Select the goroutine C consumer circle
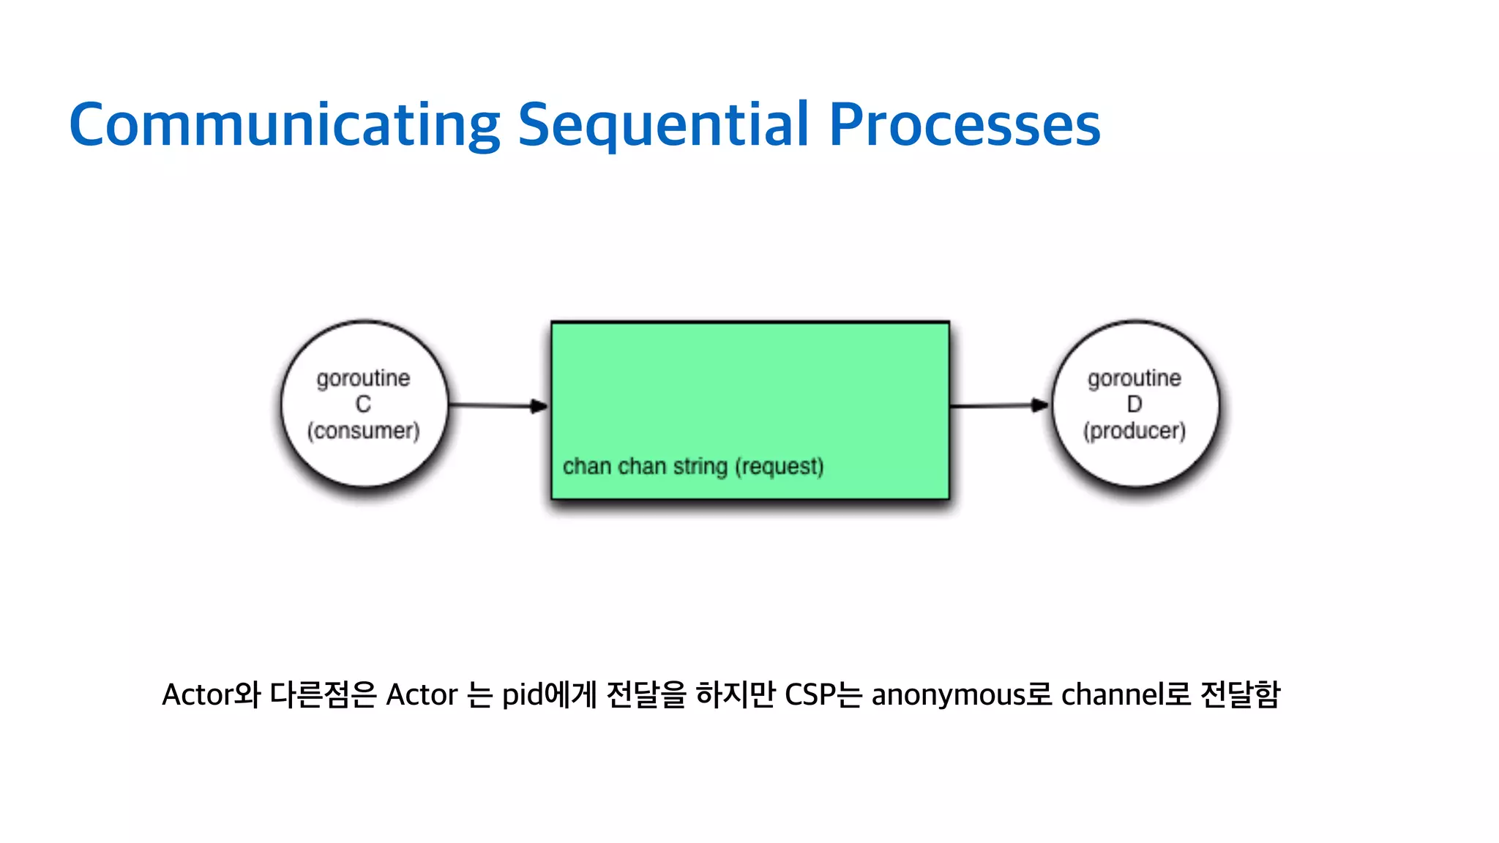tap(364, 344)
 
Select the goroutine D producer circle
tap(1135, 344)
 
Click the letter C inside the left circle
tap(363, 404)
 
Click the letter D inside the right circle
tap(1134, 404)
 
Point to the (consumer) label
tap(363, 430)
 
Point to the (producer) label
tap(1134, 430)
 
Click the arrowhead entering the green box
tap(539, 406)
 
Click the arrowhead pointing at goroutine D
tap(1039, 405)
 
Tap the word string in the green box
tap(700, 466)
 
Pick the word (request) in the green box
tap(780, 466)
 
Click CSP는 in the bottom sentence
tap(823, 694)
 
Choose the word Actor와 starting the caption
tap(211, 694)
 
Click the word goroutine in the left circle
tap(363, 378)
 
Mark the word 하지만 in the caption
tap(735, 694)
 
